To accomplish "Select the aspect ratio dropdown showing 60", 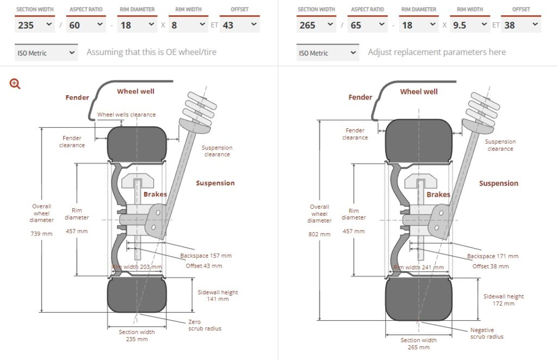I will pyautogui.click(x=86, y=25).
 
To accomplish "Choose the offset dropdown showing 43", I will pyautogui.click(x=239, y=25).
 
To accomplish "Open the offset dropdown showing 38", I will pyautogui.click(x=521, y=25).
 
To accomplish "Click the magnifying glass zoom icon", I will pyautogui.click(x=15, y=84).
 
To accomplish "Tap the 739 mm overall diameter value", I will pyautogui.click(x=42, y=233).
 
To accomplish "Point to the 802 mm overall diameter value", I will pyautogui.click(x=320, y=234).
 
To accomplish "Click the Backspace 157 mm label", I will pyautogui.click(x=206, y=256).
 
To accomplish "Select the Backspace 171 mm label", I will pyautogui.click(x=492, y=256).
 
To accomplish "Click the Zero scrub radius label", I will pyautogui.click(x=205, y=325).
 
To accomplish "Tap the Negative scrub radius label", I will pyautogui.click(x=487, y=333).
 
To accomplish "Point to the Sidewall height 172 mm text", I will pyautogui.click(x=503, y=300).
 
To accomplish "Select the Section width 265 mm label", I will pyautogui.click(x=418, y=344).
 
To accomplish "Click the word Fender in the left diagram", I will pyautogui.click(x=77, y=97).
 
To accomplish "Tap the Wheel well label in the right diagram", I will pyautogui.click(x=418, y=91).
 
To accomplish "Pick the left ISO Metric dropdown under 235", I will pyautogui.click(x=47, y=53).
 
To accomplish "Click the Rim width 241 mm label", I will pyautogui.click(x=419, y=267).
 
